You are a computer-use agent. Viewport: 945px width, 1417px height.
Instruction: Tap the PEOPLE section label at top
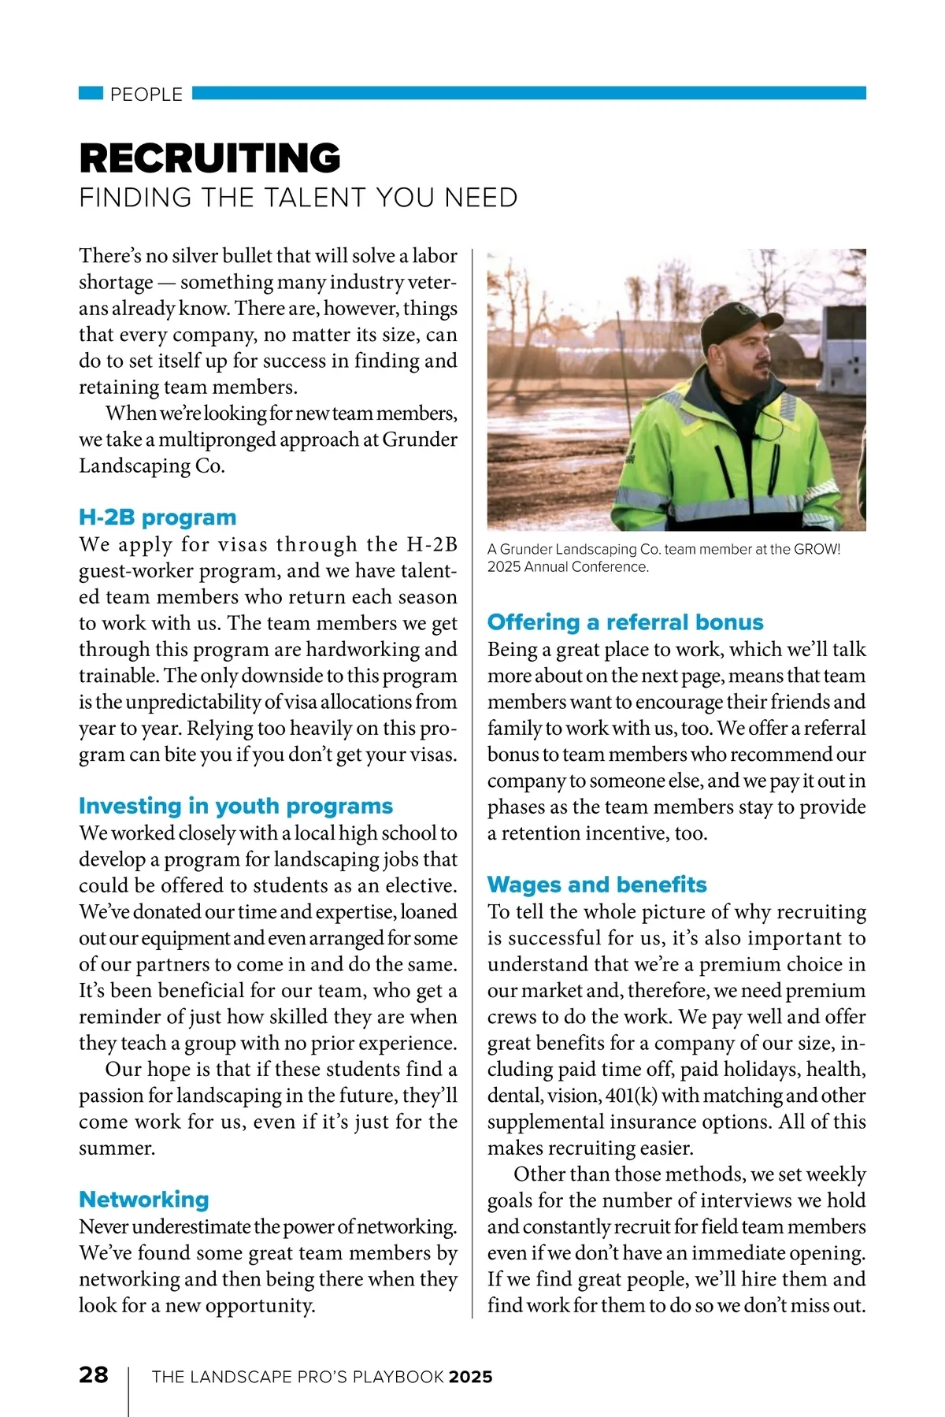point(146,95)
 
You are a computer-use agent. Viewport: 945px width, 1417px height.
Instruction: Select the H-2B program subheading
point(157,517)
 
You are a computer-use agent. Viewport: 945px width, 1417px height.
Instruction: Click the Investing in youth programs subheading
point(235,806)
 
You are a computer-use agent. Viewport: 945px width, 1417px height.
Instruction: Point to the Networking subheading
point(144,1199)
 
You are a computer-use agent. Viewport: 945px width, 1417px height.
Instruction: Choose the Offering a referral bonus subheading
point(625,622)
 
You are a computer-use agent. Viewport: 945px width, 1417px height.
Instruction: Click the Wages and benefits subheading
point(597,885)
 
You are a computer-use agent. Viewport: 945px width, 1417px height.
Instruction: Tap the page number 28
point(94,1374)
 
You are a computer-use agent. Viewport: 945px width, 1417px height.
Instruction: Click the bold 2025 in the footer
point(470,1377)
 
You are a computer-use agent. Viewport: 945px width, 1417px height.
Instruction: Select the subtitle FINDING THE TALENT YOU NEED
point(298,197)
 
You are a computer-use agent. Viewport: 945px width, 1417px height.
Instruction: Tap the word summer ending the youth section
point(117,1148)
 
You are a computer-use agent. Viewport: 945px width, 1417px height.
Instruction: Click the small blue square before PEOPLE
point(91,94)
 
